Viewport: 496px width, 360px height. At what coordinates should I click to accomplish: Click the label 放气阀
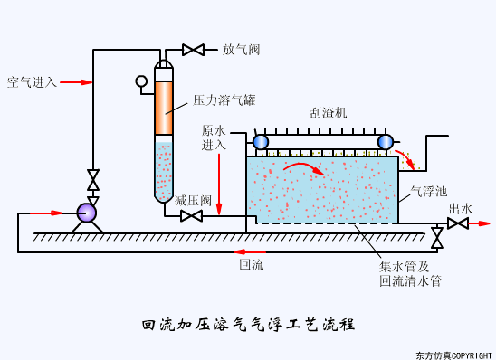click(x=241, y=50)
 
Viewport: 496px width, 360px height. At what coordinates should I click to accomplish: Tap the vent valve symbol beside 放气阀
click(x=193, y=50)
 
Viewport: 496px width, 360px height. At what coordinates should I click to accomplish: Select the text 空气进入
click(x=32, y=82)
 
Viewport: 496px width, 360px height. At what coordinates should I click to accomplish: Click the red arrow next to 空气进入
click(x=78, y=82)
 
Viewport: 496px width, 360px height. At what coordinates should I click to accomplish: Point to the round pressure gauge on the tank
click(x=141, y=81)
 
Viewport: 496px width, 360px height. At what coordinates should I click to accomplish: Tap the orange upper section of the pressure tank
click(x=163, y=109)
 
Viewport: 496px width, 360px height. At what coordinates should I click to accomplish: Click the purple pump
click(x=87, y=213)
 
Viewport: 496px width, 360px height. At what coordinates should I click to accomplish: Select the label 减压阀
click(x=193, y=200)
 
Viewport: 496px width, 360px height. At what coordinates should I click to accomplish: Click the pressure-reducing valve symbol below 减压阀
click(x=191, y=216)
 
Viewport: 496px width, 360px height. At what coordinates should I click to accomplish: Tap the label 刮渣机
click(x=328, y=113)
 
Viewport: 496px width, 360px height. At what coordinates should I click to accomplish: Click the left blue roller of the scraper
click(x=261, y=142)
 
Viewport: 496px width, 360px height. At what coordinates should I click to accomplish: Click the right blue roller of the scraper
click(x=385, y=142)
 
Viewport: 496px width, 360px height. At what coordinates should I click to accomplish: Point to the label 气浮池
click(x=428, y=191)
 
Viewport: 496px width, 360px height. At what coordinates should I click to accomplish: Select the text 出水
click(x=460, y=209)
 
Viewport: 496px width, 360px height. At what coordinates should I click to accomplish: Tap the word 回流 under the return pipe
click(x=251, y=265)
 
